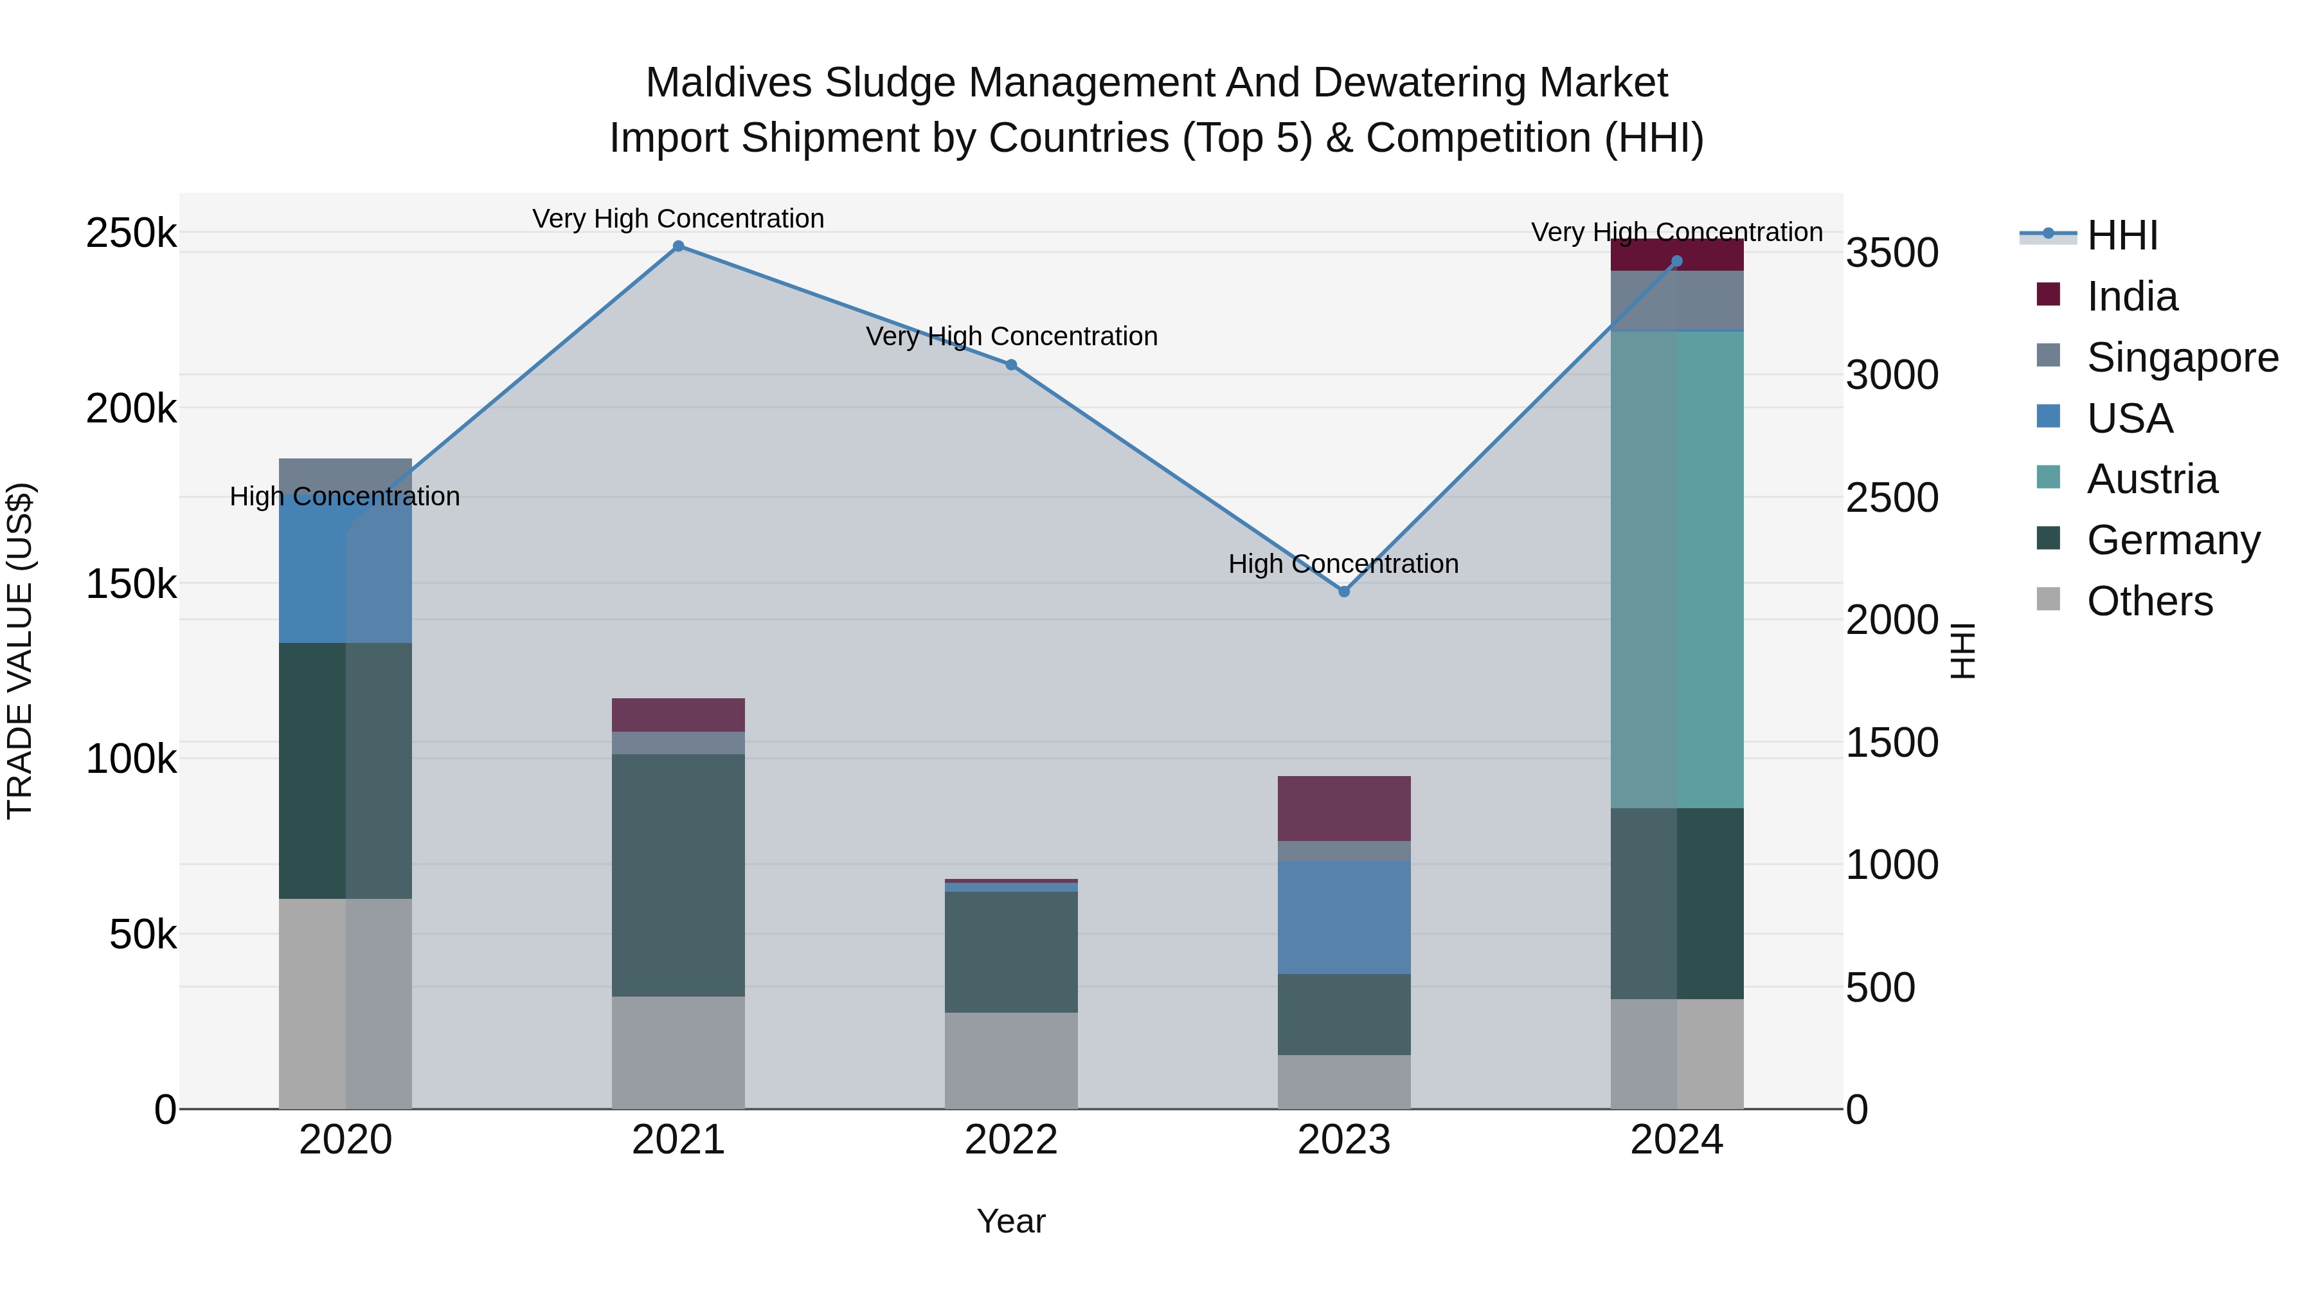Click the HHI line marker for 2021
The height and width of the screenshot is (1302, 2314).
678,246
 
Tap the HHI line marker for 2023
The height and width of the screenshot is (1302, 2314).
1344,592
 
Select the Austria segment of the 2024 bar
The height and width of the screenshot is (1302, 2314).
1677,570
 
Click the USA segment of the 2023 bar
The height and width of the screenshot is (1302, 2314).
1344,918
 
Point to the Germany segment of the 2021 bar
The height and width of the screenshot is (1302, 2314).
678,875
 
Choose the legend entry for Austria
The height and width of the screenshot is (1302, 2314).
2151,479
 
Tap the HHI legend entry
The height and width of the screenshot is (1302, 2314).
2121,235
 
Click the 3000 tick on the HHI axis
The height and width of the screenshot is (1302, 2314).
1892,375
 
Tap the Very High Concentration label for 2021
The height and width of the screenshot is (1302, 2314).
678,219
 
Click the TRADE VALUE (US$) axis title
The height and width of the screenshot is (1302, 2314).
20,651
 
